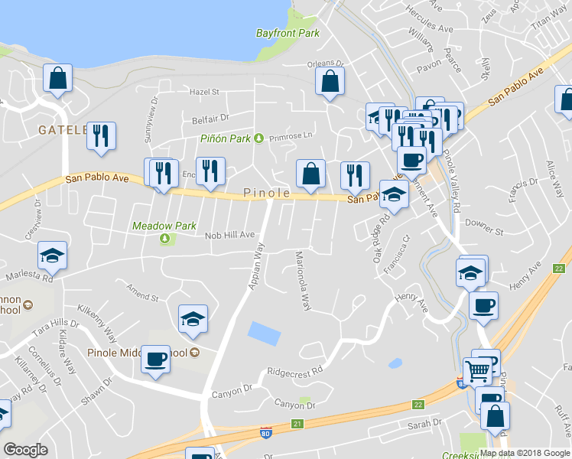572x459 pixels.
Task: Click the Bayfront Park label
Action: click(x=288, y=34)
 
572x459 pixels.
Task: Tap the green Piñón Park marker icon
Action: click(x=258, y=138)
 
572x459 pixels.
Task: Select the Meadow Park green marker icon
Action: click(x=164, y=239)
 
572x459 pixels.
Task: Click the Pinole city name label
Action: click(x=267, y=194)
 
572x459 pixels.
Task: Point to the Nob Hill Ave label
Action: click(x=229, y=236)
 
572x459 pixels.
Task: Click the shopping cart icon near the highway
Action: click(x=477, y=372)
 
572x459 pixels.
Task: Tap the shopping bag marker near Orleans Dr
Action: click(x=330, y=83)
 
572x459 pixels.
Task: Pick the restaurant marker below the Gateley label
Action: click(x=101, y=136)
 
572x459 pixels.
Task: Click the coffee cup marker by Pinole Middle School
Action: click(x=155, y=359)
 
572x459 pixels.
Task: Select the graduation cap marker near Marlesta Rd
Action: click(x=52, y=256)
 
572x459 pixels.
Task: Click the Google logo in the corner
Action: click(x=25, y=450)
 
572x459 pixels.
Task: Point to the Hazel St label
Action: click(x=204, y=92)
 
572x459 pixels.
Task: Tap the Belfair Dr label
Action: click(x=210, y=119)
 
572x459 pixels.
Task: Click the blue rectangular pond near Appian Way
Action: click(x=264, y=334)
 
